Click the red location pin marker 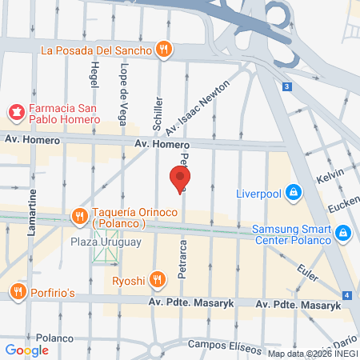pos(180,178)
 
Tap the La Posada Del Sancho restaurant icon pos(164,50)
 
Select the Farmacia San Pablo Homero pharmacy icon pos(15,110)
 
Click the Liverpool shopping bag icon pos(293,192)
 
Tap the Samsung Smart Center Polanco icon pos(342,232)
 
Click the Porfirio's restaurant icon pos(15,290)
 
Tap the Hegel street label pos(94,74)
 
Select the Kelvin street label pos(330,176)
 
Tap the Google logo pos(26,350)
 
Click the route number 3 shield pos(287,86)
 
